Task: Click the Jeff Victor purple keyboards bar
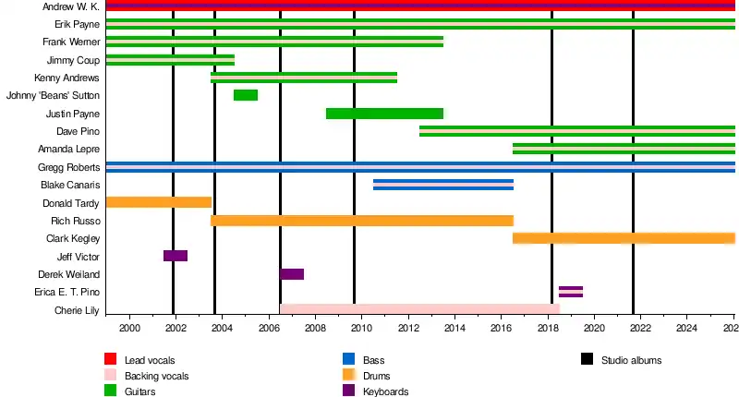pos(176,256)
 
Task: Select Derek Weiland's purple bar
pos(292,274)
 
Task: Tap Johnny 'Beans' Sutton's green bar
pos(246,95)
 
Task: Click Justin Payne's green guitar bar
pos(384,114)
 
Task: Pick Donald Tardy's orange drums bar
pos(159,202)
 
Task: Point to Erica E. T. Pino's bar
pos(571,292)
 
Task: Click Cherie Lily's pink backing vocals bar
pos(419,309)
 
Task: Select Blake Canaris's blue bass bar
pos(443,185)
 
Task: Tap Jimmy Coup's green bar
pos(170,60)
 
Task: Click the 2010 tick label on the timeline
pos(361,329)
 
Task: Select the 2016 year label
pos(501,329)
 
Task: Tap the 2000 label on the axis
pos(129,329)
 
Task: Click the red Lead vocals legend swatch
pos(110,359)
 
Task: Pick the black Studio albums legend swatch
pos(588,359)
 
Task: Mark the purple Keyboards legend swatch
pos(348,391)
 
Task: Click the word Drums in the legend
pos(375,376)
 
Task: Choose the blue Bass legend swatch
pos(348,359)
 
